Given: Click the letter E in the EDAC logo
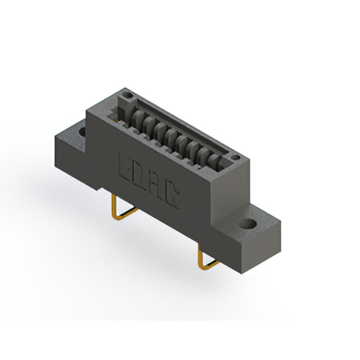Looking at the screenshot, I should [126, 165].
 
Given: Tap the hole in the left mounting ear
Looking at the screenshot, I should [82, 132].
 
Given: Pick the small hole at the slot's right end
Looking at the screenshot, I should [236, 157].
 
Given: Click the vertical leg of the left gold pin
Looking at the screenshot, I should [115, 205].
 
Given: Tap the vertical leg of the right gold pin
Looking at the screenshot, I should [199, 256].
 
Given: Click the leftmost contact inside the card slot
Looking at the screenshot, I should [136, 118].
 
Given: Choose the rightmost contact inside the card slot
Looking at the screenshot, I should [214, 162].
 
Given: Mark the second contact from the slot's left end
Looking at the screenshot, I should [147, 124].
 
